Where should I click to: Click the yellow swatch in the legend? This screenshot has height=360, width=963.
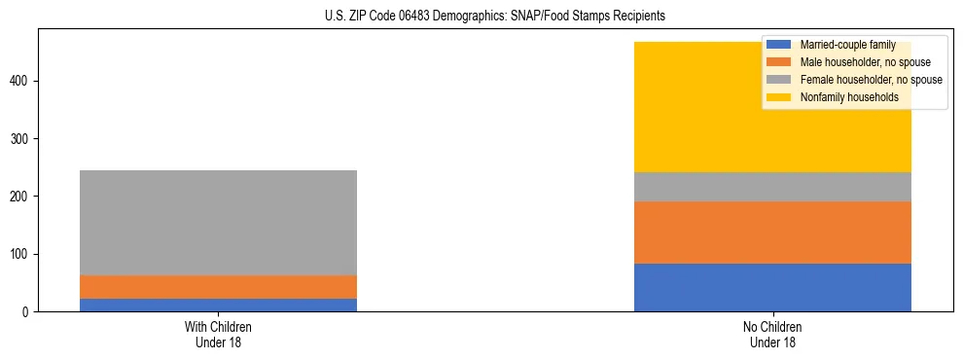(x=779, y=97)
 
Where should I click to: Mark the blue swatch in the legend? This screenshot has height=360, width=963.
(x=779, y=45)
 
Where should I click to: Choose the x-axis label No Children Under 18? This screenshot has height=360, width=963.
(x=772, y=334)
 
